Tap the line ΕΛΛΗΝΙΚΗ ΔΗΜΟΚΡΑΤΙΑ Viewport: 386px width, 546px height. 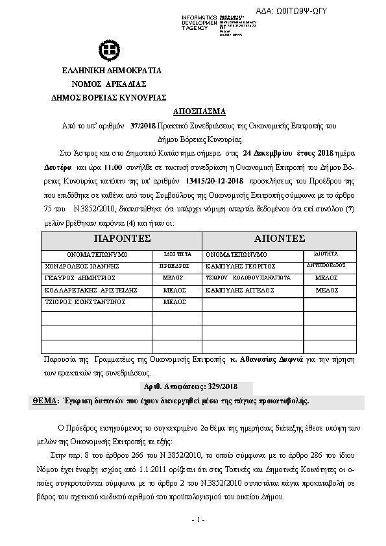[x=112, y=71]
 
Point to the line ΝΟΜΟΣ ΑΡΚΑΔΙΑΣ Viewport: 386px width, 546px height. [x=109, y=84]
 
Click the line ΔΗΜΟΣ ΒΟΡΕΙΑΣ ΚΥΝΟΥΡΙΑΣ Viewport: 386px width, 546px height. [x=108, y=96]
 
